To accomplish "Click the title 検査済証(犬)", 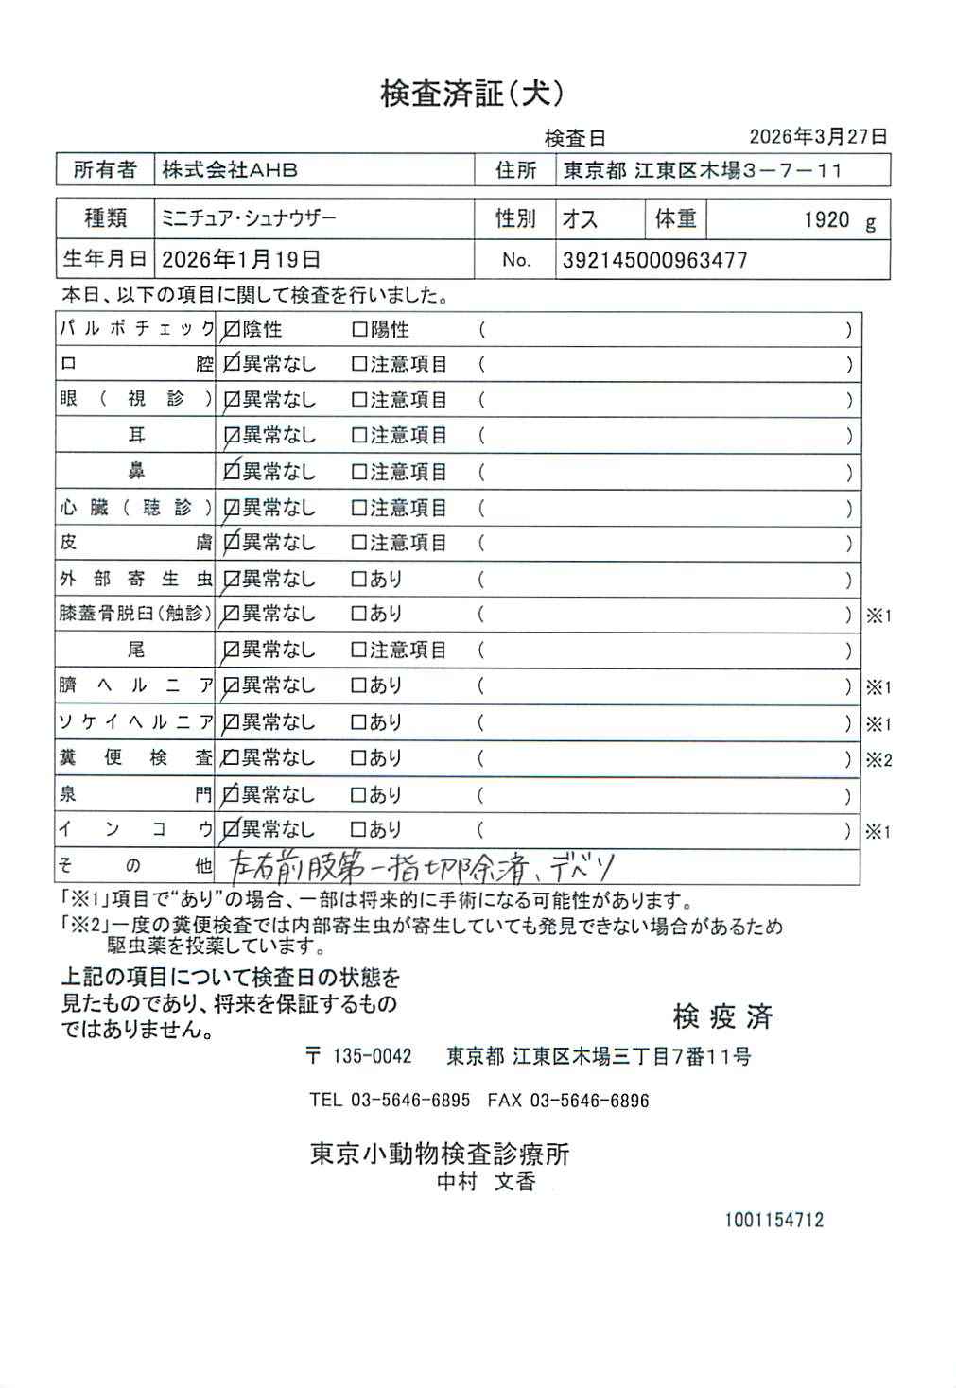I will pos(472,93).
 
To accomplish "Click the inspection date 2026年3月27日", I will pos(818,136).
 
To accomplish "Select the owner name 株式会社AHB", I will pos(230,170).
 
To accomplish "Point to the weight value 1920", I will pos(826,220).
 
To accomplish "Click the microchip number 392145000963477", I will pos(654,260).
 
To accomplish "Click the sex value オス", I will pos(580,219).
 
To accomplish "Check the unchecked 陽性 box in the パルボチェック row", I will pos(359,330).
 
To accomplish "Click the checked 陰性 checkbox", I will pos(231,330).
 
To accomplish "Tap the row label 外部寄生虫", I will pos(136,579).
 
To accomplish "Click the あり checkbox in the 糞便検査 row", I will pos(359,758).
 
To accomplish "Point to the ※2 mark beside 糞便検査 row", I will pos(878,759).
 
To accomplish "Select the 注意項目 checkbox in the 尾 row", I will pos(359,651).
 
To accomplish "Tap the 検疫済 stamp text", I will pos(722,1016).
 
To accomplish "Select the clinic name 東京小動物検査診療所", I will pos(440,1154).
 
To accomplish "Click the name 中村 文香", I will pos(486,1182).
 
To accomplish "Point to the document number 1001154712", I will pos(773,1220).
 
